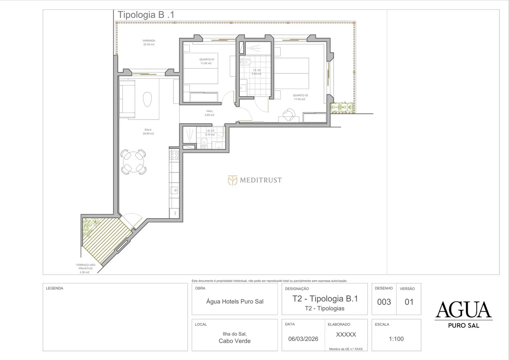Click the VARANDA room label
[149, 40]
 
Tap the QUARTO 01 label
[207, 59]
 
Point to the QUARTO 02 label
[300, 95]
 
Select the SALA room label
[148, 130]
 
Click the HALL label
[210, 111]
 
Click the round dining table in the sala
[133, 162]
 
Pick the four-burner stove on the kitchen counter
[174, 156]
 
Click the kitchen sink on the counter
[174, 190]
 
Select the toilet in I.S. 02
[246, 62]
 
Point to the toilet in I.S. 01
[204, 143]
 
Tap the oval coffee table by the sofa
[147, 99]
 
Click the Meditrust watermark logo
[255, 180]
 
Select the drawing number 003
[384, 302]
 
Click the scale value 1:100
[396, 339]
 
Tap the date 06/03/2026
[303, 339]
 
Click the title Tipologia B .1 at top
[146, 15]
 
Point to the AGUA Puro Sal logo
[464, 315]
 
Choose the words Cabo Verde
[235, 341]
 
